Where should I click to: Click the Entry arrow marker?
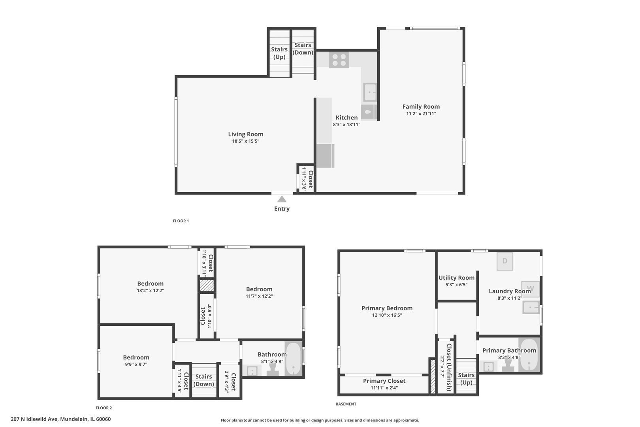[282, 199]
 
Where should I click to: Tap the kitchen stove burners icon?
[339, 60]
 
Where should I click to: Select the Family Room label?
[421, 106]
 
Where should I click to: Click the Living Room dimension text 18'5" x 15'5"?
[245, 141]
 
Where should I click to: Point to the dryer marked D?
[504, 261]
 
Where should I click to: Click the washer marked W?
[530, 288]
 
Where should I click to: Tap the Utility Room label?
[456, 278]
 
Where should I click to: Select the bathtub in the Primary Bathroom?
[528, 355]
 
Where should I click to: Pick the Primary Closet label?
[384, 381]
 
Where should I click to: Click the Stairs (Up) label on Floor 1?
[279, 53]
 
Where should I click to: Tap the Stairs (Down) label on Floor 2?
[204, 380]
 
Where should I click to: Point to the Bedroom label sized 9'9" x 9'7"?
[136, 357]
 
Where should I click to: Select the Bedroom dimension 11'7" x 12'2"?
[259, 296]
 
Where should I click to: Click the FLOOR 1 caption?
[181, 221]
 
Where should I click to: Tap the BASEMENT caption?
[346, 404]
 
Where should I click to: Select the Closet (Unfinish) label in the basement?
[449, 367]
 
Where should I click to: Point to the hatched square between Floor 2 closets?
[206, 285]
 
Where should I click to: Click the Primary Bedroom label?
[387, 308]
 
